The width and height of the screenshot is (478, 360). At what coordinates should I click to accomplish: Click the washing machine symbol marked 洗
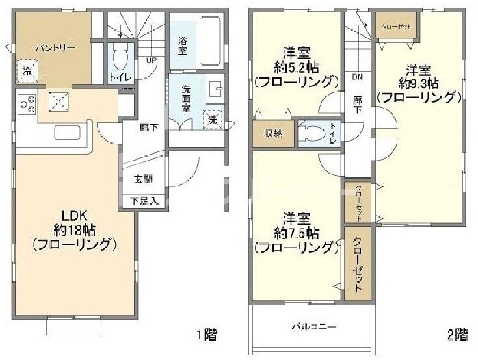(x=213, y=119)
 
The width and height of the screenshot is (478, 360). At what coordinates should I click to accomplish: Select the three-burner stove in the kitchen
(x=28, y=102)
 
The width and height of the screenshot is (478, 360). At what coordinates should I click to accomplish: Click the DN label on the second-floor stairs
(x=357, y=77)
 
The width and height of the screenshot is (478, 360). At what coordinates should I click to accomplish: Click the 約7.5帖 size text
(x=297, y=232)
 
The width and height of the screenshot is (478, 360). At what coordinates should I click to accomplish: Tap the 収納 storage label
(x=272, y=133)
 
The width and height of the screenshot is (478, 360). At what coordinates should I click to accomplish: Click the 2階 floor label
(x=457, y=335)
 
